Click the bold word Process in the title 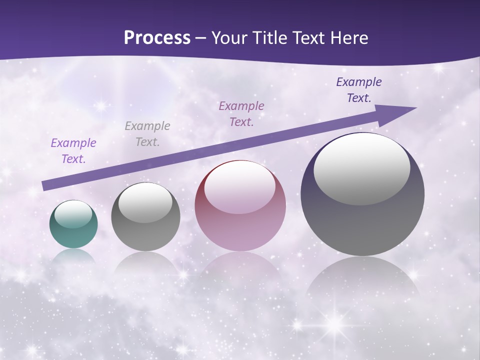point(157,38)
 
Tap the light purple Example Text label point(73,151)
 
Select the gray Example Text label point(147,134)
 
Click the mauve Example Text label point(241,114)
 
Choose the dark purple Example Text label point(359,90)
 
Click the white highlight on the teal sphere point(73,214)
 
